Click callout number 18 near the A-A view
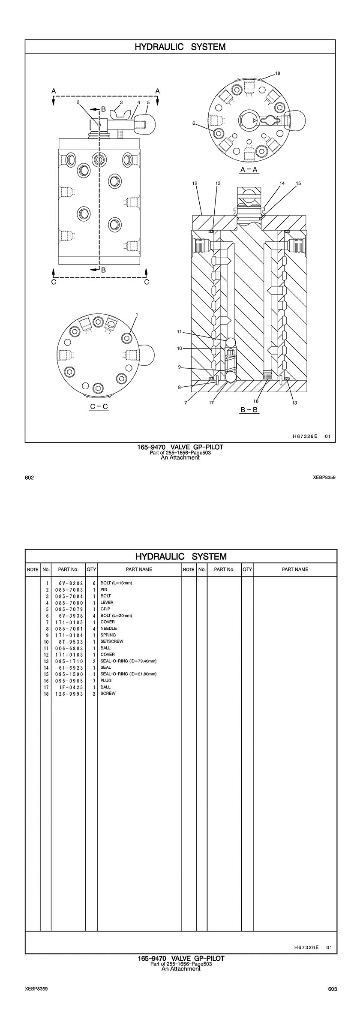click(x=278, y=73)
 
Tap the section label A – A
click(x=249, y=169)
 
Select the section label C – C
click(x=99, y=406)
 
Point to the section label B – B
click(x=249, y=410)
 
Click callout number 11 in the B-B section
click(x=180, y=331)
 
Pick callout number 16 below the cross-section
click(x=256, y=401)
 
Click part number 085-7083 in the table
click(x=69, y=590)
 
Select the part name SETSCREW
click(x=111, y=641)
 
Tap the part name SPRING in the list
click(x=108, y=635)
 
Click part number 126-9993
click(x=69, y=694)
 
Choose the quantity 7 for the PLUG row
click(x=93, y=680)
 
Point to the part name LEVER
click(x=107, y=602)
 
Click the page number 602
click(x=30, y=478)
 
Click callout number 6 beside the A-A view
click(x=194, y=123)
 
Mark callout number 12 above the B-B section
click(x=195, y=183)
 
